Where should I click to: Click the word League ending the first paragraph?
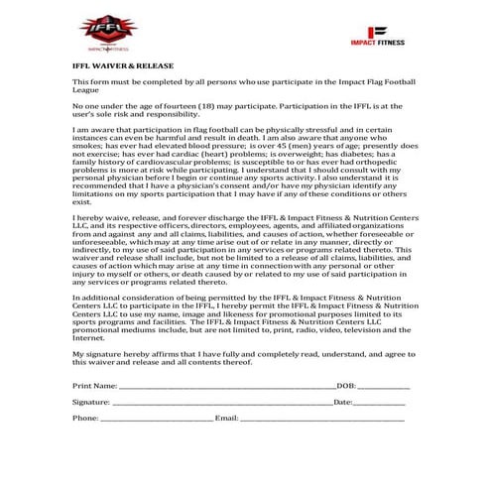pyautogui.click(x=87, y=88)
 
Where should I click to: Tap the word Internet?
pyautogui.click(x=89, y=338)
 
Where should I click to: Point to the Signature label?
pyautogui.click(x=91, y=402)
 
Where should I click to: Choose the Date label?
pyautogui.click(x=343, y=402)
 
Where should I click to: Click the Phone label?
pyautogui.click(x=85, y=419)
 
